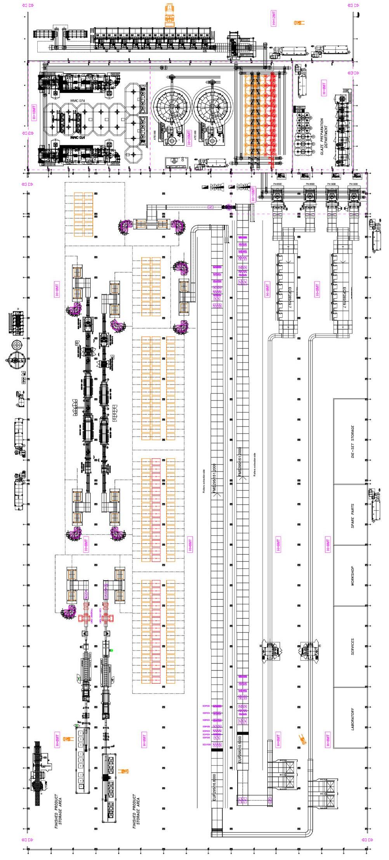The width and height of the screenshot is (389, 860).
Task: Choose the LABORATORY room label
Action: pyautogui.click(x=353, y=719)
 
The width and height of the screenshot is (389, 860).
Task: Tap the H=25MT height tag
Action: pyautogui.click(x=189, y=137)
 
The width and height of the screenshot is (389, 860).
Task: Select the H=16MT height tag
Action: pyautogui.click(x=33, y=113)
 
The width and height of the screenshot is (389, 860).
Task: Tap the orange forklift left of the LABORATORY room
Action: pyautogui.click(x=301, y=738)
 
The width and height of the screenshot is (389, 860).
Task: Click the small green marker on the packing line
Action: pyautogui.click(x=111, y=650)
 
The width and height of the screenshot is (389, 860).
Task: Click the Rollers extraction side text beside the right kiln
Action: pyautogui.click(x=255, y=464)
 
